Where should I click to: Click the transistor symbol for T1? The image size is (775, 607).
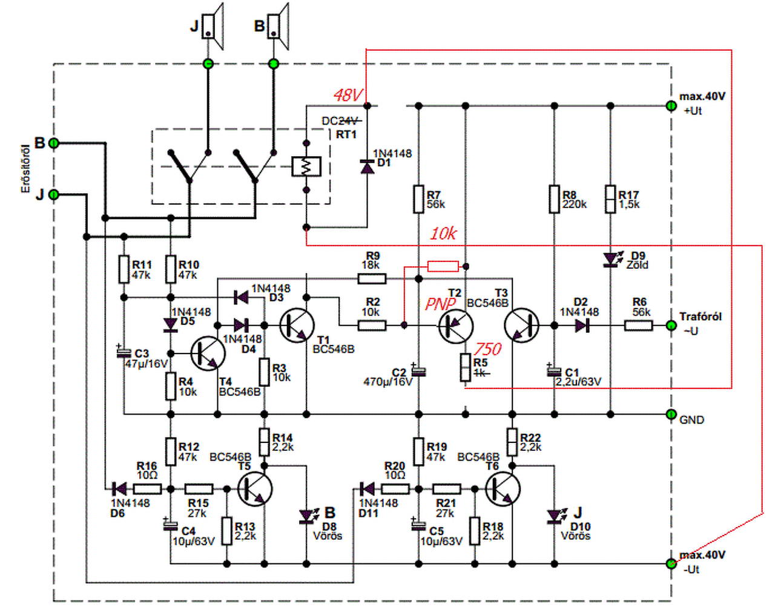click(297, 326)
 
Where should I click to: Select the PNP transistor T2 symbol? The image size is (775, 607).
click(456, 326)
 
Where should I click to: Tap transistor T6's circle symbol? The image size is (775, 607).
click(503, 489)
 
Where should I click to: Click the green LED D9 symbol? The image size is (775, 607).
click(610, 259)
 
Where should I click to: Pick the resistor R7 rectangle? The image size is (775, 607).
click(419, 199)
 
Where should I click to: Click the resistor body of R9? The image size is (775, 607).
click(372, 279)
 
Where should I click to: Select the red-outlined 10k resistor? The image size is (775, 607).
click(443, 266)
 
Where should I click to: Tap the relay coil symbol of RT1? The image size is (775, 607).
click(306, 166)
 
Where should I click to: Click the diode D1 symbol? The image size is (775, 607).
click(368, 167)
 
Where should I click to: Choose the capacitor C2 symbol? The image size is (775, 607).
click(419, 371)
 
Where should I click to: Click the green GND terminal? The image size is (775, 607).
click(671, 414)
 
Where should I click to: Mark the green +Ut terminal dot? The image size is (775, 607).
click(671, 106)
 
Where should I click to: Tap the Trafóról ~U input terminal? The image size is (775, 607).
click(671, 326)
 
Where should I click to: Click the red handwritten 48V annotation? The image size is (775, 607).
click(348, 95)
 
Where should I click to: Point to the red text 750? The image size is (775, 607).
click(488, 349)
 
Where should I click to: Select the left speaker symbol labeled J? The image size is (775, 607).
click(213, 26)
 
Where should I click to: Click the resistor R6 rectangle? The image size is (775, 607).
click(638, 326)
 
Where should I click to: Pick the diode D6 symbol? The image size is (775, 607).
click(119, 489)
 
